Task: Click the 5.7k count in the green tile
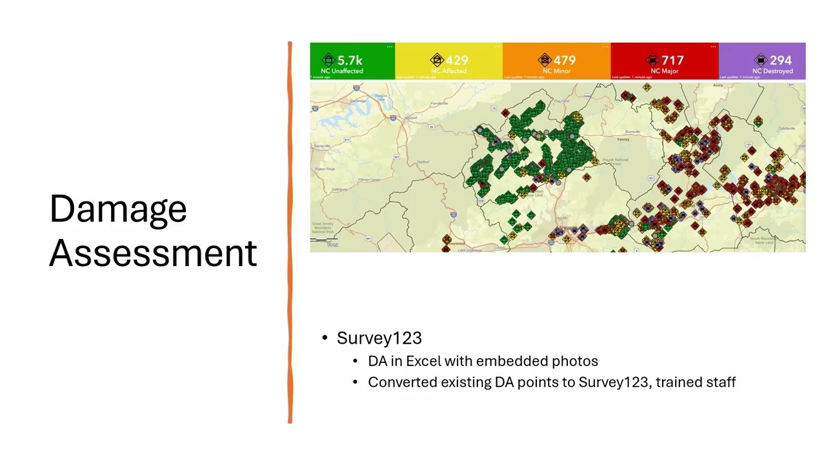pos(350,60)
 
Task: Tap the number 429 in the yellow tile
pos(457,60)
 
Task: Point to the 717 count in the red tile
pos(672,60)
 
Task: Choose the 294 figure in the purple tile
pos(780,60)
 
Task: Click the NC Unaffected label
pos(342,71)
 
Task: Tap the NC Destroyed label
pos(772,71)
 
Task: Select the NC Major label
pos(665,71)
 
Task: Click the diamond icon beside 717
pos(652,60)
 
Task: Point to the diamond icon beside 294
pos(761,60)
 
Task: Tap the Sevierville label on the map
pos(323,147)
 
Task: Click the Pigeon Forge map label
pos(324,169)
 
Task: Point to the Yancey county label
pos(623,139)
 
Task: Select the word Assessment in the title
pos(154,253)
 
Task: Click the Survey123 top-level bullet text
pos(379,338)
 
